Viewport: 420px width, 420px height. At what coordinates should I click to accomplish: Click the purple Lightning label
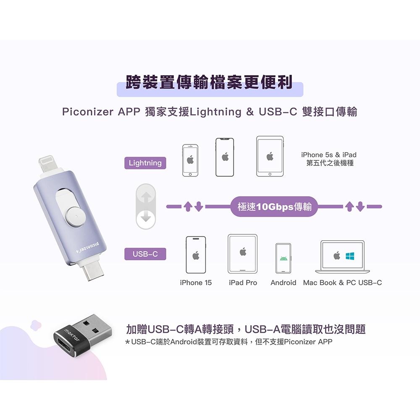pos(145,163)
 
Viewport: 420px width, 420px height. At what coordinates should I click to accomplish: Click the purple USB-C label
pos(145,254)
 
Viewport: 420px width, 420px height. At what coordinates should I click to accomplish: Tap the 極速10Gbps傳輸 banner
pos(274,207)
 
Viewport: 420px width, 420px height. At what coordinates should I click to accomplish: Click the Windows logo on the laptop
pos(349,255)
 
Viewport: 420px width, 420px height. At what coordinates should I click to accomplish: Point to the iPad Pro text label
pos(243,283)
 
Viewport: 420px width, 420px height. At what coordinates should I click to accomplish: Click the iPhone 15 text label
pos(195,283)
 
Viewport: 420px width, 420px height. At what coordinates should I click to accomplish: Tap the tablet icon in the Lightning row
pos(270,156)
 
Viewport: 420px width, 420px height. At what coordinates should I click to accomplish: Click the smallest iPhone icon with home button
pos(190,160)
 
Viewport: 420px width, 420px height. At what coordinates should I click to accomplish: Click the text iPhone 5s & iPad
pos(329,155)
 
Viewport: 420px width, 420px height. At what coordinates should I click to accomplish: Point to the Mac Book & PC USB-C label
pos(342,283)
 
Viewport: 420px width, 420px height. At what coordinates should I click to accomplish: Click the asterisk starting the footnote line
pos(128,342)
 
